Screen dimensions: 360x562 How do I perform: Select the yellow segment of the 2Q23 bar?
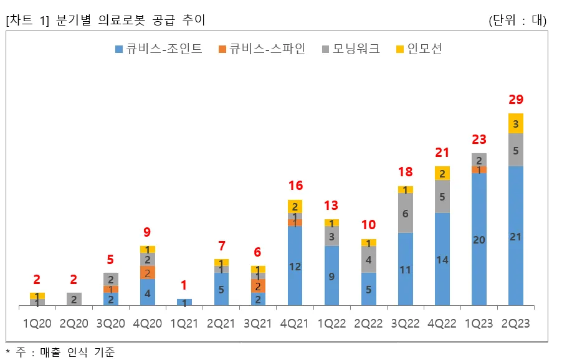(515, 123)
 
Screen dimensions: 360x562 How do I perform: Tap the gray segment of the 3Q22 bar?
(405, 213)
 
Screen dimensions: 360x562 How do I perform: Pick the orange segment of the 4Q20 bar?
(148, 273)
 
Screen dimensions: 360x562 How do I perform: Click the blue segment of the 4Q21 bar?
(295, 265)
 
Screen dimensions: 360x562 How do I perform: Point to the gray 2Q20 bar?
(74, 299)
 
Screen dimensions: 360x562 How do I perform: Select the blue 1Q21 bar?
(184, 302)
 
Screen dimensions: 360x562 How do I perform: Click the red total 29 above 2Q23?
(515, 100)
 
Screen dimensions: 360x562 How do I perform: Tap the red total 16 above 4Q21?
(295, 186)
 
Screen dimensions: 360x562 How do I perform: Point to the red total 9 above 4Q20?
(148, 232)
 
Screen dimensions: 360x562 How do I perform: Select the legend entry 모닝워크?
(350, 49)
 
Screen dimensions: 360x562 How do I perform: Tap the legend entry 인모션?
(419, 49)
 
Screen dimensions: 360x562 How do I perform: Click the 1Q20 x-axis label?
(37, 324)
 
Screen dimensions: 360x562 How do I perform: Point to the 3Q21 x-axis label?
(258, 324)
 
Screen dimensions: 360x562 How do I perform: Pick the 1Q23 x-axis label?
(479, 324)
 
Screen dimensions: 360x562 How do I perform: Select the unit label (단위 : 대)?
(518, 20)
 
